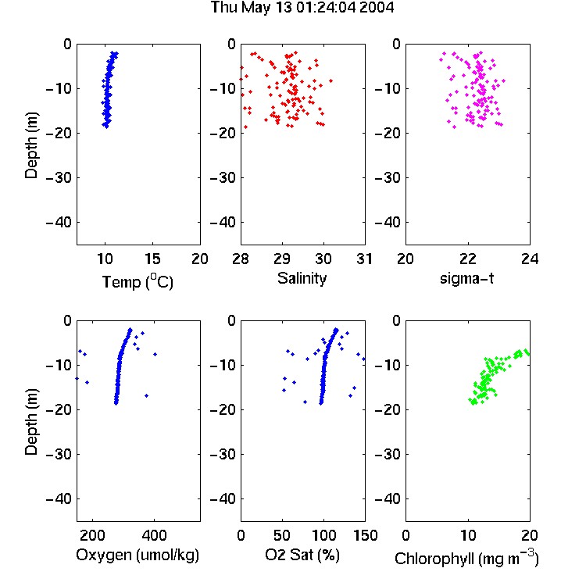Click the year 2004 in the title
(x=377, y=8)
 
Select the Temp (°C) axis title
(x=138, y=281)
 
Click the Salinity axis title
(x=302, y=278)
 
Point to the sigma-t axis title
(x=466, y=278)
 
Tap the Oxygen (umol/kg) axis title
(x=138, y=556)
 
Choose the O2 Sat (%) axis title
(x=302, y=555)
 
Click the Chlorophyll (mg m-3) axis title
(x=466, y=558)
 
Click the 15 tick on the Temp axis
(x=152, y=259)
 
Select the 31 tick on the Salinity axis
(x=364, y=259)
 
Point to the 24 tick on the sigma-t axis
(x=530, y=259)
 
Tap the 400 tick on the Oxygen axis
(x=155, y=535)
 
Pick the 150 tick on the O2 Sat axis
(x=365, y=535)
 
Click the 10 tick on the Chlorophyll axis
(x=468, y=535)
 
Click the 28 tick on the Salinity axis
(x=241, y=259)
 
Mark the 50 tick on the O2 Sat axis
(x=282, y=535)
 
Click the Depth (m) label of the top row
(x=32, y=145)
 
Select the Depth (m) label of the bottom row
(x=32, y=422)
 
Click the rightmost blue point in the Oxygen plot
(x=155, y=354)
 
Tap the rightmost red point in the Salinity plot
(x=331, y=80)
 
